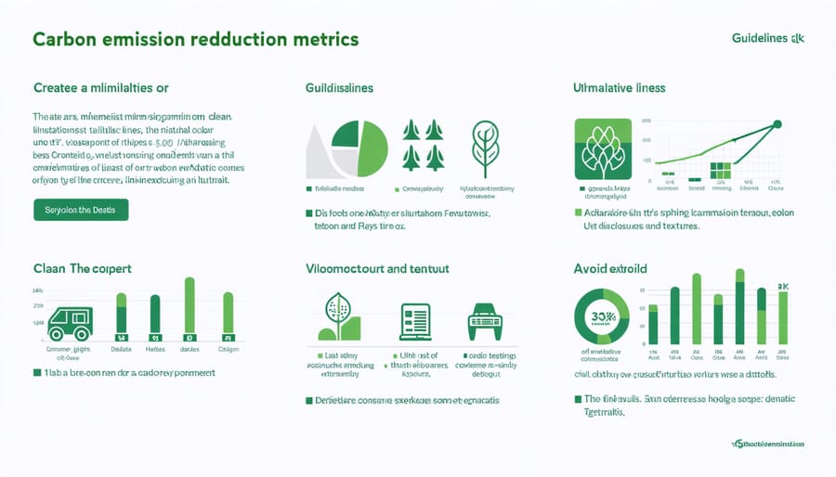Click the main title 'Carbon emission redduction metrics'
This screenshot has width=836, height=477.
click(x=195, y=41)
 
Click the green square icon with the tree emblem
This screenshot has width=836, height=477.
click(x=604, y=148)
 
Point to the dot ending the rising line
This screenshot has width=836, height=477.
click(x=777, y=123)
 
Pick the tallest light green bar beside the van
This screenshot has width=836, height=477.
click(x=189, y=304)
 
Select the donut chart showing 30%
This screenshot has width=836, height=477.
click(x=603, y=317)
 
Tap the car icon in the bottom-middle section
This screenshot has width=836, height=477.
click(x=483, y=320)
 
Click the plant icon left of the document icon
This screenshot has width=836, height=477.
click(x=337, y=318)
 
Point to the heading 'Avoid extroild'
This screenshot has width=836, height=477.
click(x=611, y=268)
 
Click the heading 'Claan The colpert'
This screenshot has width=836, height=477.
click(x=82, y=268)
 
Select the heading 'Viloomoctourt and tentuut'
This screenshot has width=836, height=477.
click(x=377, y=268)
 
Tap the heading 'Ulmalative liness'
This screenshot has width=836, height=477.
click(x=619, y=87)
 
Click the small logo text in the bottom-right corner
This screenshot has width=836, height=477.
click(x=768, y=445)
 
